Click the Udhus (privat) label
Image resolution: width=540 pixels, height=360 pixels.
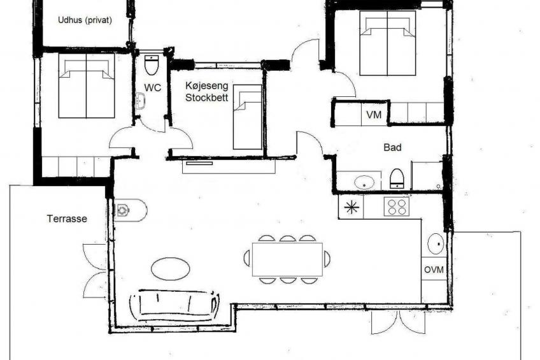pyautogui.click(x=85, y=20)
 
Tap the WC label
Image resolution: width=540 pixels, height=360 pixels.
pyautogui.click(x=153, y=87)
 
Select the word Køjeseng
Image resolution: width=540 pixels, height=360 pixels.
pyautogui.click(x=206, y=85)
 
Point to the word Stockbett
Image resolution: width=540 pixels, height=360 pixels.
pyautogui.click(x=206, y=97)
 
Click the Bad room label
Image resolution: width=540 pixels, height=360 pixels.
pyautogui.click(x=392, y=147)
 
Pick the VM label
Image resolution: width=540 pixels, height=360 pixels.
pyautogui.click(x=374, y=115)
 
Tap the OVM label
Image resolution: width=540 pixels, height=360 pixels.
pyautogui.click(x=434, y=270)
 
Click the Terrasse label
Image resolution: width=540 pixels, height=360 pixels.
pyautogui.click(x=67, y=219)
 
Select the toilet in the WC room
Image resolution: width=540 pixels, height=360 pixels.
pyautogui.click(x=151, y=65)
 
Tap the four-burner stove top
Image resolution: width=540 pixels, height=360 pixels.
pyautogui.click(x=396, y=206)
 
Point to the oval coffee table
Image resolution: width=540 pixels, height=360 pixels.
pyautogui.click(x=171, y=269)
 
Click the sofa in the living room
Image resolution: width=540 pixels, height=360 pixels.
pyautogui.click(x=174, y=304)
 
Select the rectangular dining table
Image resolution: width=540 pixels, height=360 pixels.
pyautogui.click(x=288, y=259)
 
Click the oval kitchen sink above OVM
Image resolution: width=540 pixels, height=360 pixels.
pyautogui.click(x=436, y=243)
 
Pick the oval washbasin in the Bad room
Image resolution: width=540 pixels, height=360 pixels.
pyautogui.click(x=364, y=182)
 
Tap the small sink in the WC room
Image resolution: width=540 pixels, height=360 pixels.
pyautogui.click(x=141, y=101)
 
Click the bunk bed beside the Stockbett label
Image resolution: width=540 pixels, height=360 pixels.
pyautogui.click(x=247, y=117)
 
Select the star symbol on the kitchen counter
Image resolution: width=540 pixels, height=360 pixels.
pyautogui.click(x=352, y=207)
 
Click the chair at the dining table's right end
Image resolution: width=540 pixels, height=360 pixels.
pyautogui.click(x=327, y=259)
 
